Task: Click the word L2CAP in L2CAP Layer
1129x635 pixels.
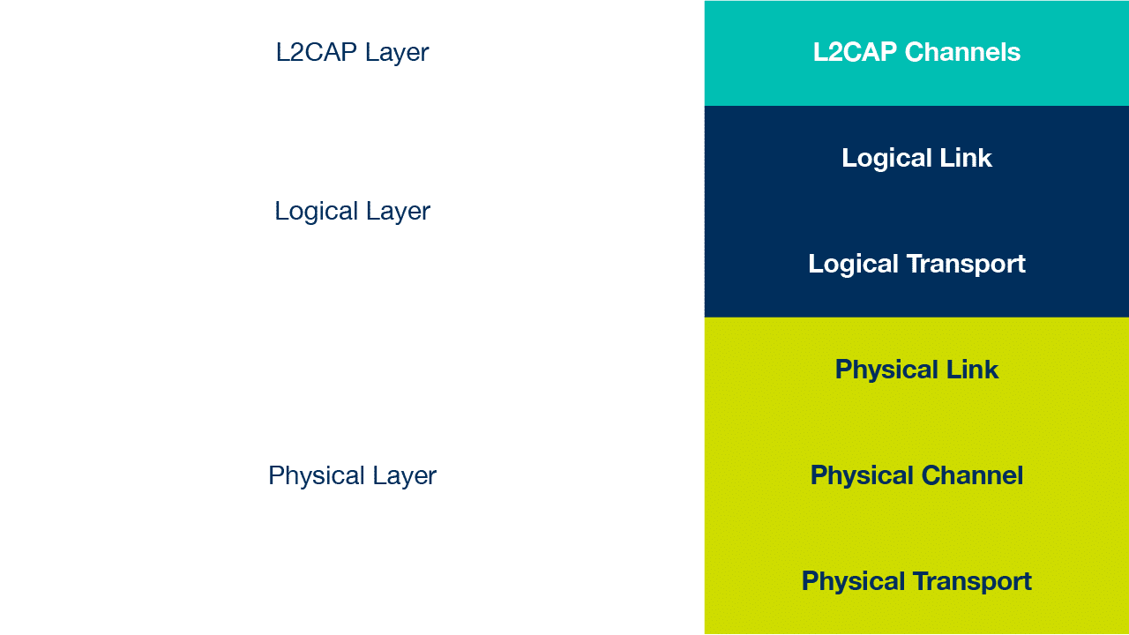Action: click(x=317, y=52)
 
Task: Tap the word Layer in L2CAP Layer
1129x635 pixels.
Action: click(x=397, y=54)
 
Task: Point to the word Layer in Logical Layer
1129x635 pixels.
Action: click(x=398, y=213)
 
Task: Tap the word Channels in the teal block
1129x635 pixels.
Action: click(x=962, y=52)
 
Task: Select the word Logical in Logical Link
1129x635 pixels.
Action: click(x=886, y=159)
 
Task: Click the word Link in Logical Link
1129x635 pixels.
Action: click(x=966, y=158)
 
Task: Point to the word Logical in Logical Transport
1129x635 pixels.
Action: click(x=853, y=265)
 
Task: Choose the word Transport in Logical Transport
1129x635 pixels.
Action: click(x=966, y=265)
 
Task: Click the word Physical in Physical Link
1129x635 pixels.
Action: click(x=886, y=370)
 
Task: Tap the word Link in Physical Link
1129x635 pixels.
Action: click(x=972, y=370)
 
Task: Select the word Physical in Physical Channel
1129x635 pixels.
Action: click(x=862, y=476)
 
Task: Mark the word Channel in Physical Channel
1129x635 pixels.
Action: click(x=972, y=475)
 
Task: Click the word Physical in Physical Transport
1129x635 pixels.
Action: click(x=853, y=582)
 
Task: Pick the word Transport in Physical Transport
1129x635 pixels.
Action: click(x=972, y=582)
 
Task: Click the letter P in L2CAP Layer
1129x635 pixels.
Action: click(x=348, y=52)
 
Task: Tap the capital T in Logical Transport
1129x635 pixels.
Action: click(x=915, y=264)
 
